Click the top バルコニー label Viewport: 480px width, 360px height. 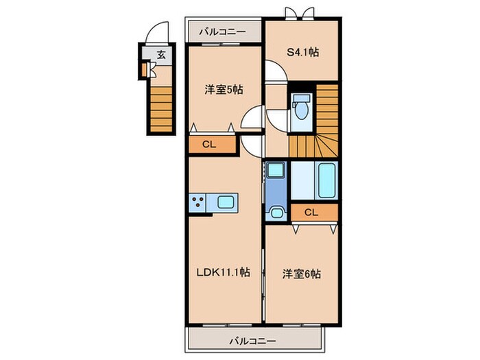coord(225,32)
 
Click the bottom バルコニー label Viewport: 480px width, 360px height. coord(252,340)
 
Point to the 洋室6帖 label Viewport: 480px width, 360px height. coord(302,273)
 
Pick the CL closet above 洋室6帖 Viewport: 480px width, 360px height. coord(311,213)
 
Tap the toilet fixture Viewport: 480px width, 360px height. coord(300,108)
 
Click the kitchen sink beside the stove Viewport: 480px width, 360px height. coord(225,202)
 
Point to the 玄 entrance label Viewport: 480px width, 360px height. coord(160,55)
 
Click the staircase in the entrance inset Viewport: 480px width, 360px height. coord(161,106)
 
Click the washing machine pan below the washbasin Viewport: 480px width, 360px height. coord(276,212)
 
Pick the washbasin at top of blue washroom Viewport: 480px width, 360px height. coord(276,170)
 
